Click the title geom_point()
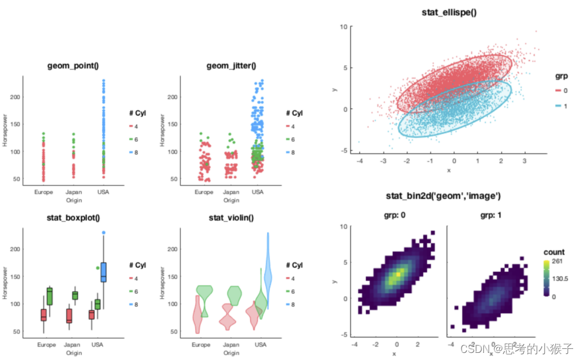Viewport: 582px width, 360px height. [x=73, y=66]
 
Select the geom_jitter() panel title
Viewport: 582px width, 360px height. [x=227, y=66]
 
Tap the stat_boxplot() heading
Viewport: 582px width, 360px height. [x=72, y=218]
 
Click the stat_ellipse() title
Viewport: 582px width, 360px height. [x=450, y=12]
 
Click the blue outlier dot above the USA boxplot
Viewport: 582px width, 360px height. [x=103, y=233]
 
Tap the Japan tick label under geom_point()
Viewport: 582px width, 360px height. [x=74, y=192]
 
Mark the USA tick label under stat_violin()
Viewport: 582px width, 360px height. [x=259, y=345]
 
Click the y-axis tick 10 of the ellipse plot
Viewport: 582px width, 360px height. [x=343, y=27]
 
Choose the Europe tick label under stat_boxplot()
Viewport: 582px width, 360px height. [x=46, y=345]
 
